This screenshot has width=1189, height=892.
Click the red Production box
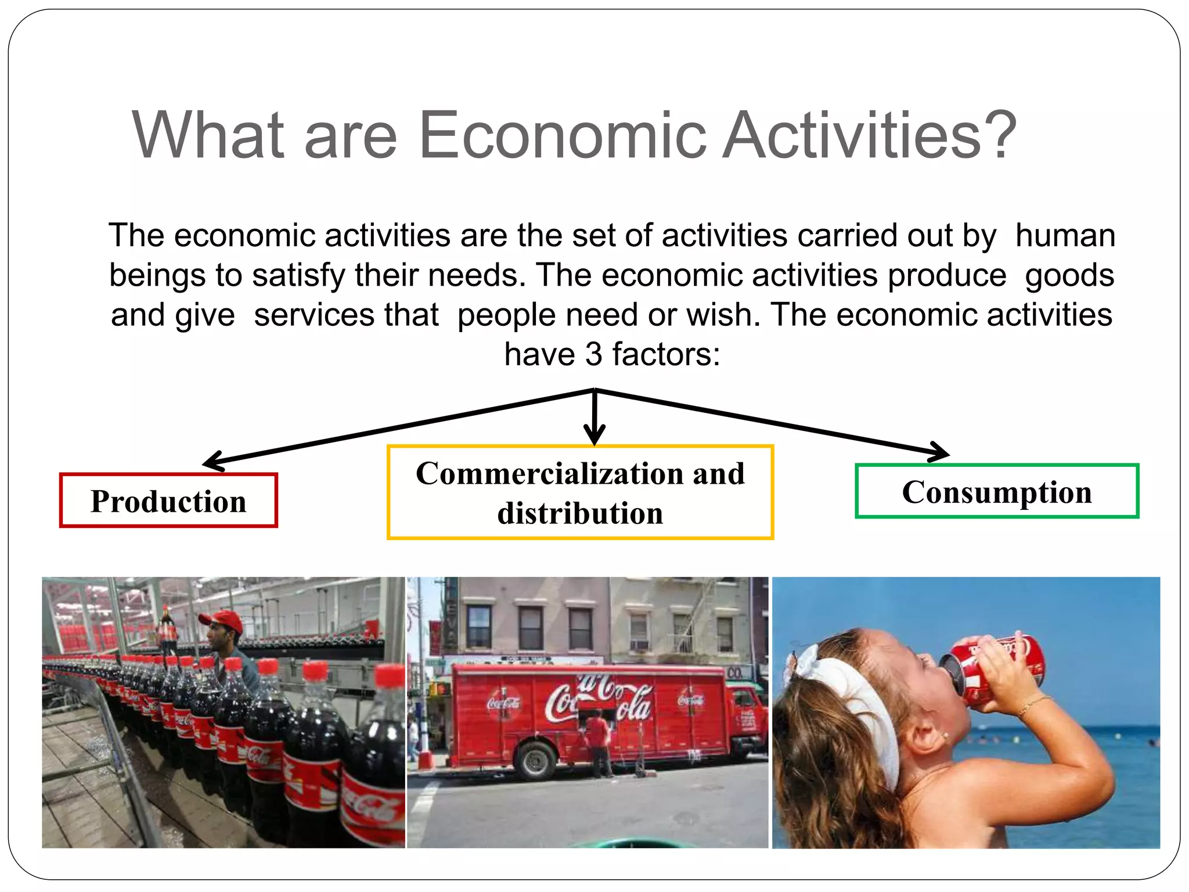click(168, 501)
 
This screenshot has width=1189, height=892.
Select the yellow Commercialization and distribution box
click(580, 492)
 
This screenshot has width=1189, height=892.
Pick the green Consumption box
click(997, 491)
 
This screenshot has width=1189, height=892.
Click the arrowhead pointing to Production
click(212, 462)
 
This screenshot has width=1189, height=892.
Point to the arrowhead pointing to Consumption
click(938, 452)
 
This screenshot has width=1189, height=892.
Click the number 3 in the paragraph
click(593, 354)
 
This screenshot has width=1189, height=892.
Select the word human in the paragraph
click(1065, 236)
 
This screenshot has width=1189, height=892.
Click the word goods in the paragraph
click(1069, 275)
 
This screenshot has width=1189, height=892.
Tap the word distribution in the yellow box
click(580, 513)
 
